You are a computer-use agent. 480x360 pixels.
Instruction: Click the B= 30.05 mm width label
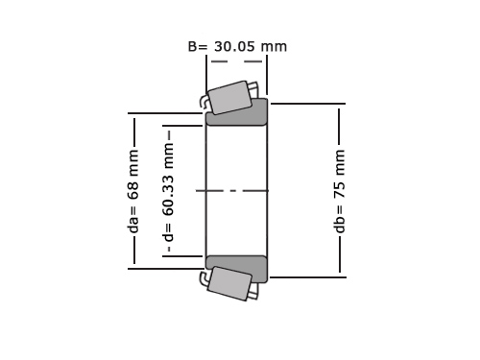click(x=237, y=47)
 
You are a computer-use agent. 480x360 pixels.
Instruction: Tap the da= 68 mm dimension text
click(x=132, y=191)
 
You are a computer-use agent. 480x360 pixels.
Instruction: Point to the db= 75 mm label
click(x=339, y=191)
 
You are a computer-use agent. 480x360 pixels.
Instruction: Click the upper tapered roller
click(x=229, y=97)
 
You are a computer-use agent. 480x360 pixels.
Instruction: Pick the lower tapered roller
click(x=229, y=283)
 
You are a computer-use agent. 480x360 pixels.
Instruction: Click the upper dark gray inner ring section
click(x=237, y=113)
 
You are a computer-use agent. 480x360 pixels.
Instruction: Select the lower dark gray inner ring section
click(x=237, y=268)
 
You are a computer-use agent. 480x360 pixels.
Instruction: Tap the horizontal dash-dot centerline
click(x=232, y=191)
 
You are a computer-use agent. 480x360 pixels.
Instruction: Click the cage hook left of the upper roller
click(x=203, y=101)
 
